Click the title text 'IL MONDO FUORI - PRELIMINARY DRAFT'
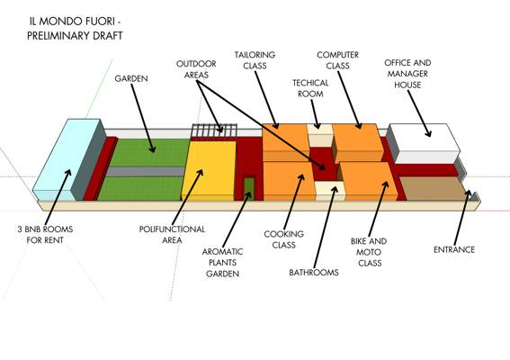(76, 28)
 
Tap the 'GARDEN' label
(131, 79)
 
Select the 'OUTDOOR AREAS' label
(196, 69)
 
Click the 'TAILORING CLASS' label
(255, 60)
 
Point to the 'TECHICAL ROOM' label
(310, 88)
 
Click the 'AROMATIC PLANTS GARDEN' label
(222, 262)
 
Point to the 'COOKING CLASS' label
(283, 239)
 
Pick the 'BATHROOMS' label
(314, 273)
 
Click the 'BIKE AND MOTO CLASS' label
(369, 252)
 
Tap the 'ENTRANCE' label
(453, 249)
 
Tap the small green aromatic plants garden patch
(249, 187)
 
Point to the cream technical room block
(318, 135)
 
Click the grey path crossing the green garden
(144, 171)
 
